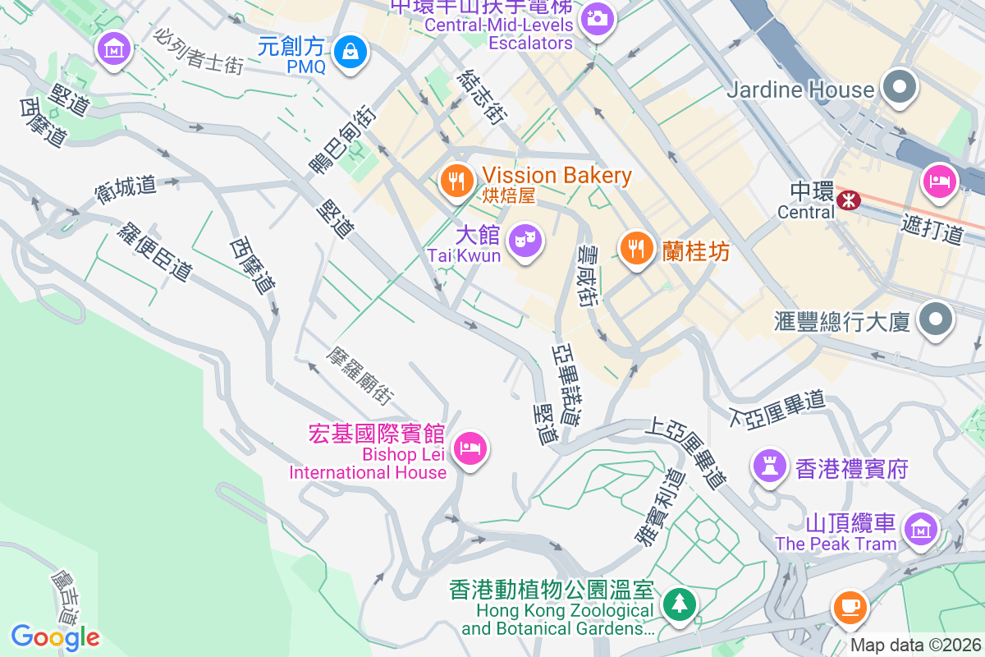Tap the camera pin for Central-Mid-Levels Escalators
tap(597, 17)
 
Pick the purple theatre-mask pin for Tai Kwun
tap(524, 241)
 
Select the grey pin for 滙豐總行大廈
tap(937, 319)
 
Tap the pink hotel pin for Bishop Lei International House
tap(470, 448)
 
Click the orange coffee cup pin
tap(849, 608)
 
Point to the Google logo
tap(55, 636)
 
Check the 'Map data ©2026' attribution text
tap(915, 646)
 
